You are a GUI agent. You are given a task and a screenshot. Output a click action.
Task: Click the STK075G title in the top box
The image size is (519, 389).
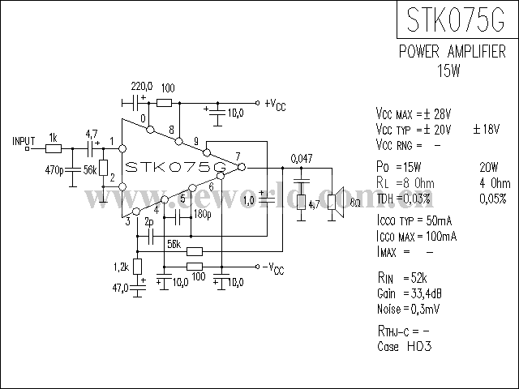pos(456,19)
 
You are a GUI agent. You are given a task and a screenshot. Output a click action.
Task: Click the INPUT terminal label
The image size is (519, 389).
pos(24,141)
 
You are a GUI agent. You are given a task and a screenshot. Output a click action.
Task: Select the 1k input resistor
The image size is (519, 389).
pos(54,149)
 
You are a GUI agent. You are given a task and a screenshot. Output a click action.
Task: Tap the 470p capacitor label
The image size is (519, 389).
pos(54,170)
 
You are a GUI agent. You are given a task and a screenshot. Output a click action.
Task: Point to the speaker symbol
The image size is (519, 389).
pos(336,202)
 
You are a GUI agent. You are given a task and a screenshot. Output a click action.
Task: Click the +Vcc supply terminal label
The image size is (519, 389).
pos(275,105)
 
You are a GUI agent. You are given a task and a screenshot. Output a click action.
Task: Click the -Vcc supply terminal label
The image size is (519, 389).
pos(273,268)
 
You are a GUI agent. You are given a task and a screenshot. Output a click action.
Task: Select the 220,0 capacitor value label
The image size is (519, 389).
pos(142,87)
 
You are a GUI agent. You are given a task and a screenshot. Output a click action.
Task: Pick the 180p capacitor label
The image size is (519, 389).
pos(203,214)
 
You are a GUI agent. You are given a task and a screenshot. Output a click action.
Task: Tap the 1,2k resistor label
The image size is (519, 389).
pos(121,267)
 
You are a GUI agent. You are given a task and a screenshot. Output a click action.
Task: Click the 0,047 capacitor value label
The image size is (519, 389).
pos(301,159)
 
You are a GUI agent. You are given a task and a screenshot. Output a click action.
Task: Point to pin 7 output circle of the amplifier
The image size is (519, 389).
pos(242,168)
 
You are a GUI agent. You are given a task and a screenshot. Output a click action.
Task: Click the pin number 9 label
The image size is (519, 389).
pos(196,141)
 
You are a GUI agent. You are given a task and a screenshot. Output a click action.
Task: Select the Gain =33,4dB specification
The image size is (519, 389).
pos(409,293)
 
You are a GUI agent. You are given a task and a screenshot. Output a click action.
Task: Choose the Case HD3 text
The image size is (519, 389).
pos(404,346)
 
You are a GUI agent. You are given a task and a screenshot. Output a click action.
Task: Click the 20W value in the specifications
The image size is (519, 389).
pos(488,168)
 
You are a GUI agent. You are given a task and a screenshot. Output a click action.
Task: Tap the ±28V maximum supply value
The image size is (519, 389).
pos(437,114)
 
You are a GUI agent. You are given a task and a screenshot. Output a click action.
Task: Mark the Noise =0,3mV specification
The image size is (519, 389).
pos(409,309)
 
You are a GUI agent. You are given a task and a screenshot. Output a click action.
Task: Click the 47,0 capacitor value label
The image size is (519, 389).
pos(120,289)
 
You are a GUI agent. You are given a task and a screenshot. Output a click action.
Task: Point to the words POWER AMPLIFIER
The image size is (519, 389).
pos(453,52)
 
